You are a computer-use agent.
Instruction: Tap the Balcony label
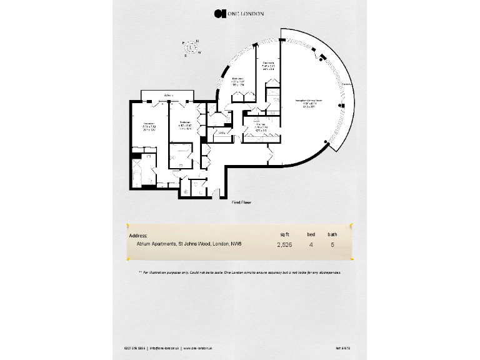168,94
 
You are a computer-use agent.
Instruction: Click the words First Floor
242,202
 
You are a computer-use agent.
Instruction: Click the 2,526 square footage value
284,245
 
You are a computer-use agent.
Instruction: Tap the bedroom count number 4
311,245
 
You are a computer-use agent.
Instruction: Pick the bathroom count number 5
332,245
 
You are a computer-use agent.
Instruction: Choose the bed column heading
311,234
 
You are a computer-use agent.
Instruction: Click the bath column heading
333,234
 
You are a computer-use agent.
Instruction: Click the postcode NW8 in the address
237,245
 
